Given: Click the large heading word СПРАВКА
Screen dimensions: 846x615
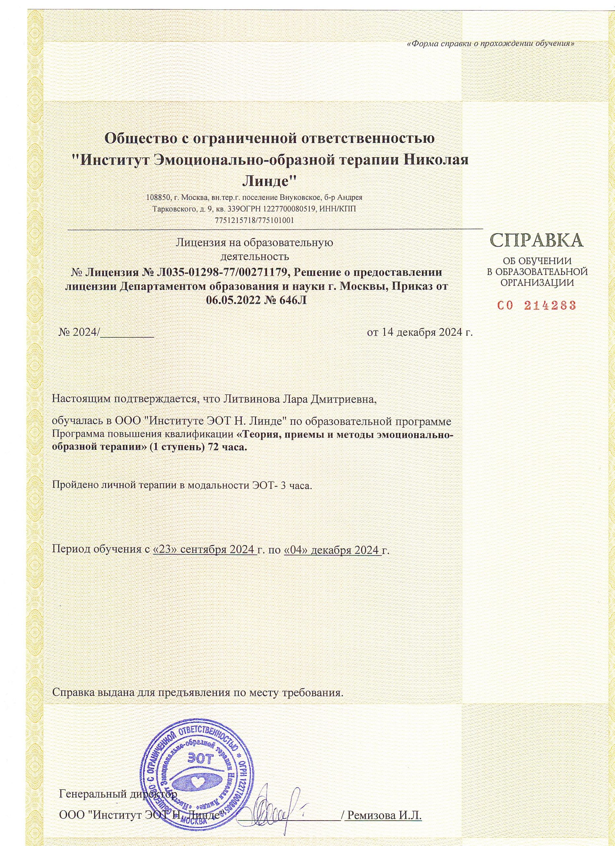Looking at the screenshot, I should (x=537, y=241).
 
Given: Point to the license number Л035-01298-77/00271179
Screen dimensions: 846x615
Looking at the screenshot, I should (x=220, y=272).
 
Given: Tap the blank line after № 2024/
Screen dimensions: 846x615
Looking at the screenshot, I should (x=127, y=333).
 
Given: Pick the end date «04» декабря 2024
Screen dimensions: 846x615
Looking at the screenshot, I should (x=332, y=550).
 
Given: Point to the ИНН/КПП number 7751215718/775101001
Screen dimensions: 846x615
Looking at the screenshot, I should (x=255, y=220).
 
